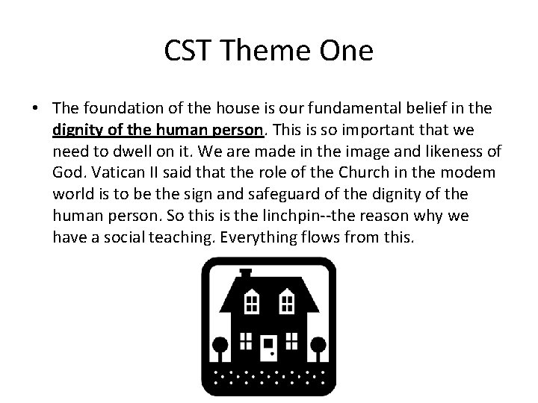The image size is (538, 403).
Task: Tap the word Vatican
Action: coord(112,173)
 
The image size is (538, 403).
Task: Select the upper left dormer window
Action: coord(253,302)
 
